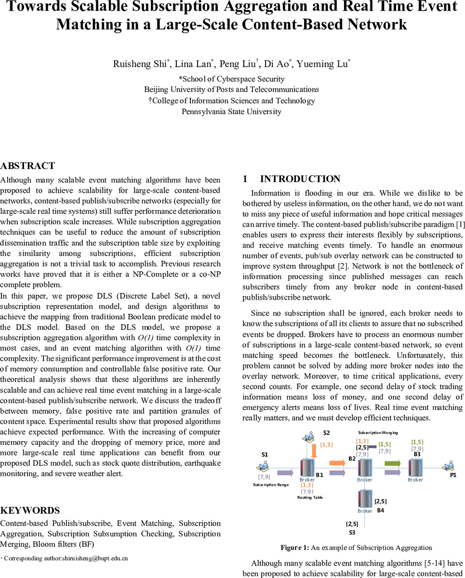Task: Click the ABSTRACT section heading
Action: [27, 166]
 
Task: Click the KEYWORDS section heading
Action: [30, 511]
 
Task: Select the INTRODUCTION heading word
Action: [300, 179]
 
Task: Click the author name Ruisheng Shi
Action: [140, 64]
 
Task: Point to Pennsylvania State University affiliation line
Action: [231, 112]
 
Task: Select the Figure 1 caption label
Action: [295, 547]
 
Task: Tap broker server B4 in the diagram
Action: [365, 499]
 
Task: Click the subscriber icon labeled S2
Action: [307, 437]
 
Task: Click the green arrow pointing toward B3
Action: [393, 463]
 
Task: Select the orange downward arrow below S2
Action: [314, 451]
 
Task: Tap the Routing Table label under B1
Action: [310, 497]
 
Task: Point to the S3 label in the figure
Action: [352, 532]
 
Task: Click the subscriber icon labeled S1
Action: [263, 466]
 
